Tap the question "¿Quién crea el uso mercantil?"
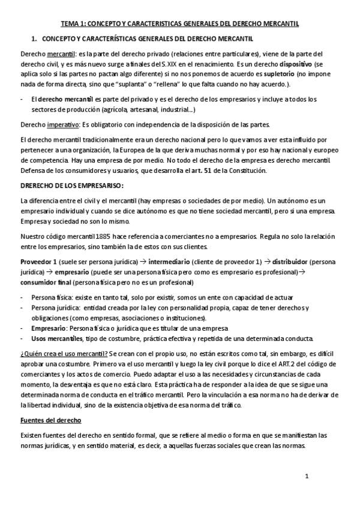tap(64, 352)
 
